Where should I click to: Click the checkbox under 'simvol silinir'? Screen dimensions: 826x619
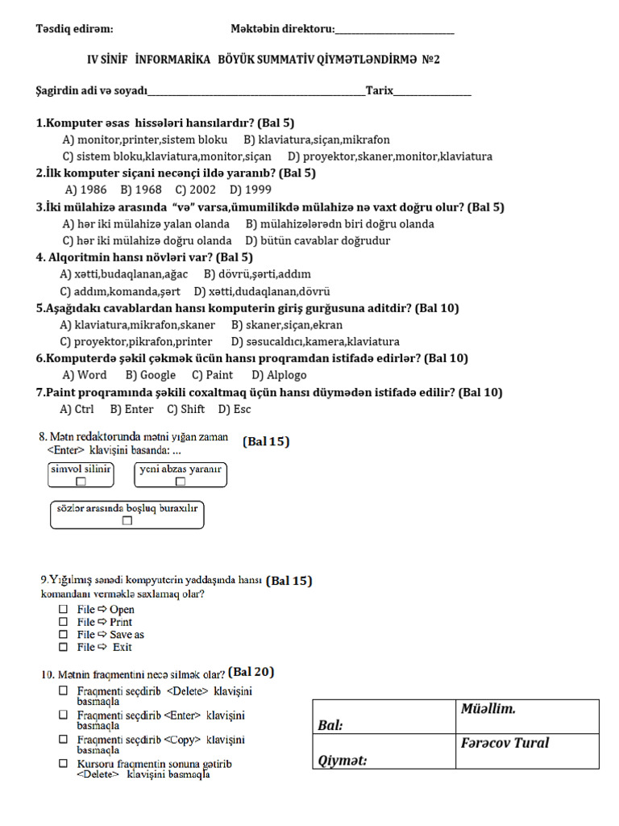(81, 482)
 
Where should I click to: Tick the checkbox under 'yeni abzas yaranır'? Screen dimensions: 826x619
(181, 482)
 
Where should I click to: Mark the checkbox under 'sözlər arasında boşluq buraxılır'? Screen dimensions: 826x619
(127, 521)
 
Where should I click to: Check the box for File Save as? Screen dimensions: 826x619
(63, 635)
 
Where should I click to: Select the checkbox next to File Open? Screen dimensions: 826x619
(63, 610)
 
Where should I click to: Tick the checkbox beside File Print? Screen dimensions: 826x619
(63, 622)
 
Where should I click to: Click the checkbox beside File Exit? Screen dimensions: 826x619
(63, 647)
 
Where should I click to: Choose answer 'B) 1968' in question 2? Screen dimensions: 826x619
(141, 190)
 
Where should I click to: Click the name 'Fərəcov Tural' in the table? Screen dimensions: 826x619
(505, 743)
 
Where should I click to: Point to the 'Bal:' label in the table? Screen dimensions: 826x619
(331, 725)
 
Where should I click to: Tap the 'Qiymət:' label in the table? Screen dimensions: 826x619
(343, 760)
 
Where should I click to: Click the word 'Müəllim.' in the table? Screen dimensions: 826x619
(488, 710)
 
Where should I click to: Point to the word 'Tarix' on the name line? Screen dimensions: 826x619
(380, 90)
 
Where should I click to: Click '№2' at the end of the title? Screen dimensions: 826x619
(431, 60)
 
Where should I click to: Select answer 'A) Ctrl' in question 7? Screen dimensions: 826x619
(77, 409)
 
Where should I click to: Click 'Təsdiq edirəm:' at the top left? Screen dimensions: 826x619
(74, 29)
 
